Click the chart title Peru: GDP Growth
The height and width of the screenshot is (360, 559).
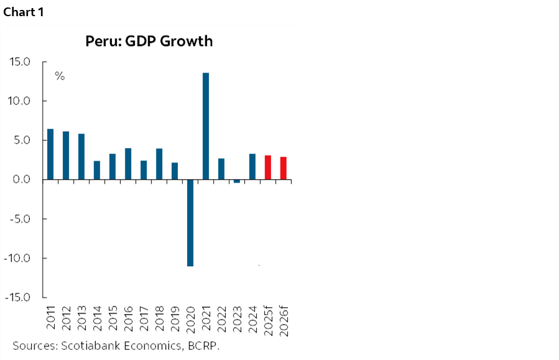pyautogui.click(x=149, y=42)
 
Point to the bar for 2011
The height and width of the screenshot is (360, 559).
pyautogui.click(x=50, y=154)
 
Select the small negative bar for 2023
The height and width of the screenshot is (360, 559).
pyautogui.click(x=237, y=181)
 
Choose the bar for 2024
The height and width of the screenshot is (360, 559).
pyautogui.click(x=252, y=167)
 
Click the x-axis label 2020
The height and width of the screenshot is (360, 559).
pyautogui.click(x=190, y=318)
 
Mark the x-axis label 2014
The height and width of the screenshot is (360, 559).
pyautogui.click(x=97, y=318)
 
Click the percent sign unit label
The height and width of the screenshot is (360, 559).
pyautogui.click(x=60, y=76)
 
